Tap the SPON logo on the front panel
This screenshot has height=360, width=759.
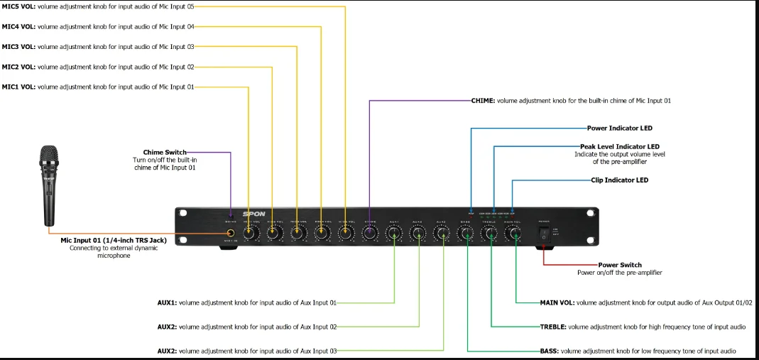click(x=253, y=214)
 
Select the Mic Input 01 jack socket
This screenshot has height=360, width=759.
click(x=231, y=233)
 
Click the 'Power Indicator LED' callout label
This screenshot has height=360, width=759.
click(x=619, y=129)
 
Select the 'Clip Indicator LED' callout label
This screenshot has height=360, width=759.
click(x=619, y=180)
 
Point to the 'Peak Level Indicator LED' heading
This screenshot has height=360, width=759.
click(x=619, y=146)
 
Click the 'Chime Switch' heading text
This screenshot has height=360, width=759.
click(x=165, y=152)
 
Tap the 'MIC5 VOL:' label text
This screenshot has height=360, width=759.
click(x=18, y=6)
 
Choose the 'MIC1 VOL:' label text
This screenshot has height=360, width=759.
click(x=18, y=87)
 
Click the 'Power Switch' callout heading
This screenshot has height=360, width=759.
click(x=620, y=265)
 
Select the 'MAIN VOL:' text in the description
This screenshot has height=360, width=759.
click(x=557, y=302)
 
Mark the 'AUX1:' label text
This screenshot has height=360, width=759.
click(x=167, y=302)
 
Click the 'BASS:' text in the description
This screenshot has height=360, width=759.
click(x=550, y=351)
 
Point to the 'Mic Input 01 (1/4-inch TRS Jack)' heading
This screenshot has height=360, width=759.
click(x=114, y=240)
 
